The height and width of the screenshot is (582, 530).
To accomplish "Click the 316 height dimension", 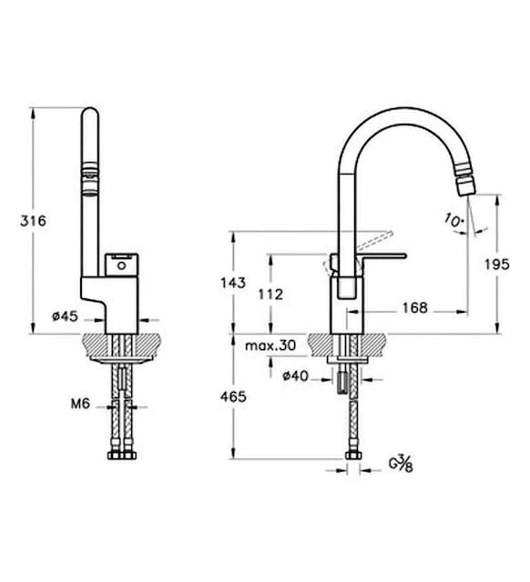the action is (33, 221).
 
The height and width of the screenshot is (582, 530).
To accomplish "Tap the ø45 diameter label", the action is (66, 316).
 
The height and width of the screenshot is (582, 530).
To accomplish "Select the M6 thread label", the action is (80, 404).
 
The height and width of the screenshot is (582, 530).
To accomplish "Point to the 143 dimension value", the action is (233, 283).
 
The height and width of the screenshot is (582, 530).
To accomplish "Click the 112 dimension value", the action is (270, 295).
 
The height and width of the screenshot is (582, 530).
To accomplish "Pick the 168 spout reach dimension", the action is (414, 307).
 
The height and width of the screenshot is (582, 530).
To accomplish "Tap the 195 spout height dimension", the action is (497, 265).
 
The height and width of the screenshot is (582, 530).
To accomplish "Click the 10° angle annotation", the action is (454, 220).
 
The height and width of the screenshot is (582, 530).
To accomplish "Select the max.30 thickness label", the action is (270, 346).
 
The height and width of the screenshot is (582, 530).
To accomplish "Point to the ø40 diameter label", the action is (295, 376).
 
